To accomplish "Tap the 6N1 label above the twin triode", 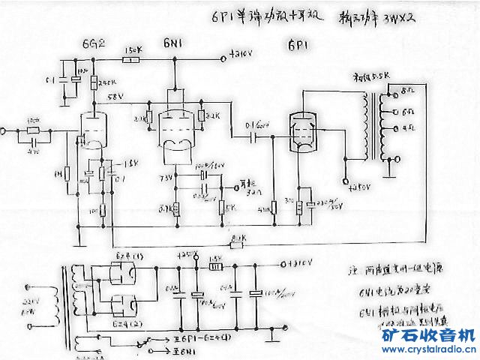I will point(172,44).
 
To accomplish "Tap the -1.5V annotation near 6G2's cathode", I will point(112,163).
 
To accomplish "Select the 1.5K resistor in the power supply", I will point(214,263).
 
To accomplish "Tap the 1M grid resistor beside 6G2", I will point(67,175).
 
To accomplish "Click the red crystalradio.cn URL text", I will point(428,349).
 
